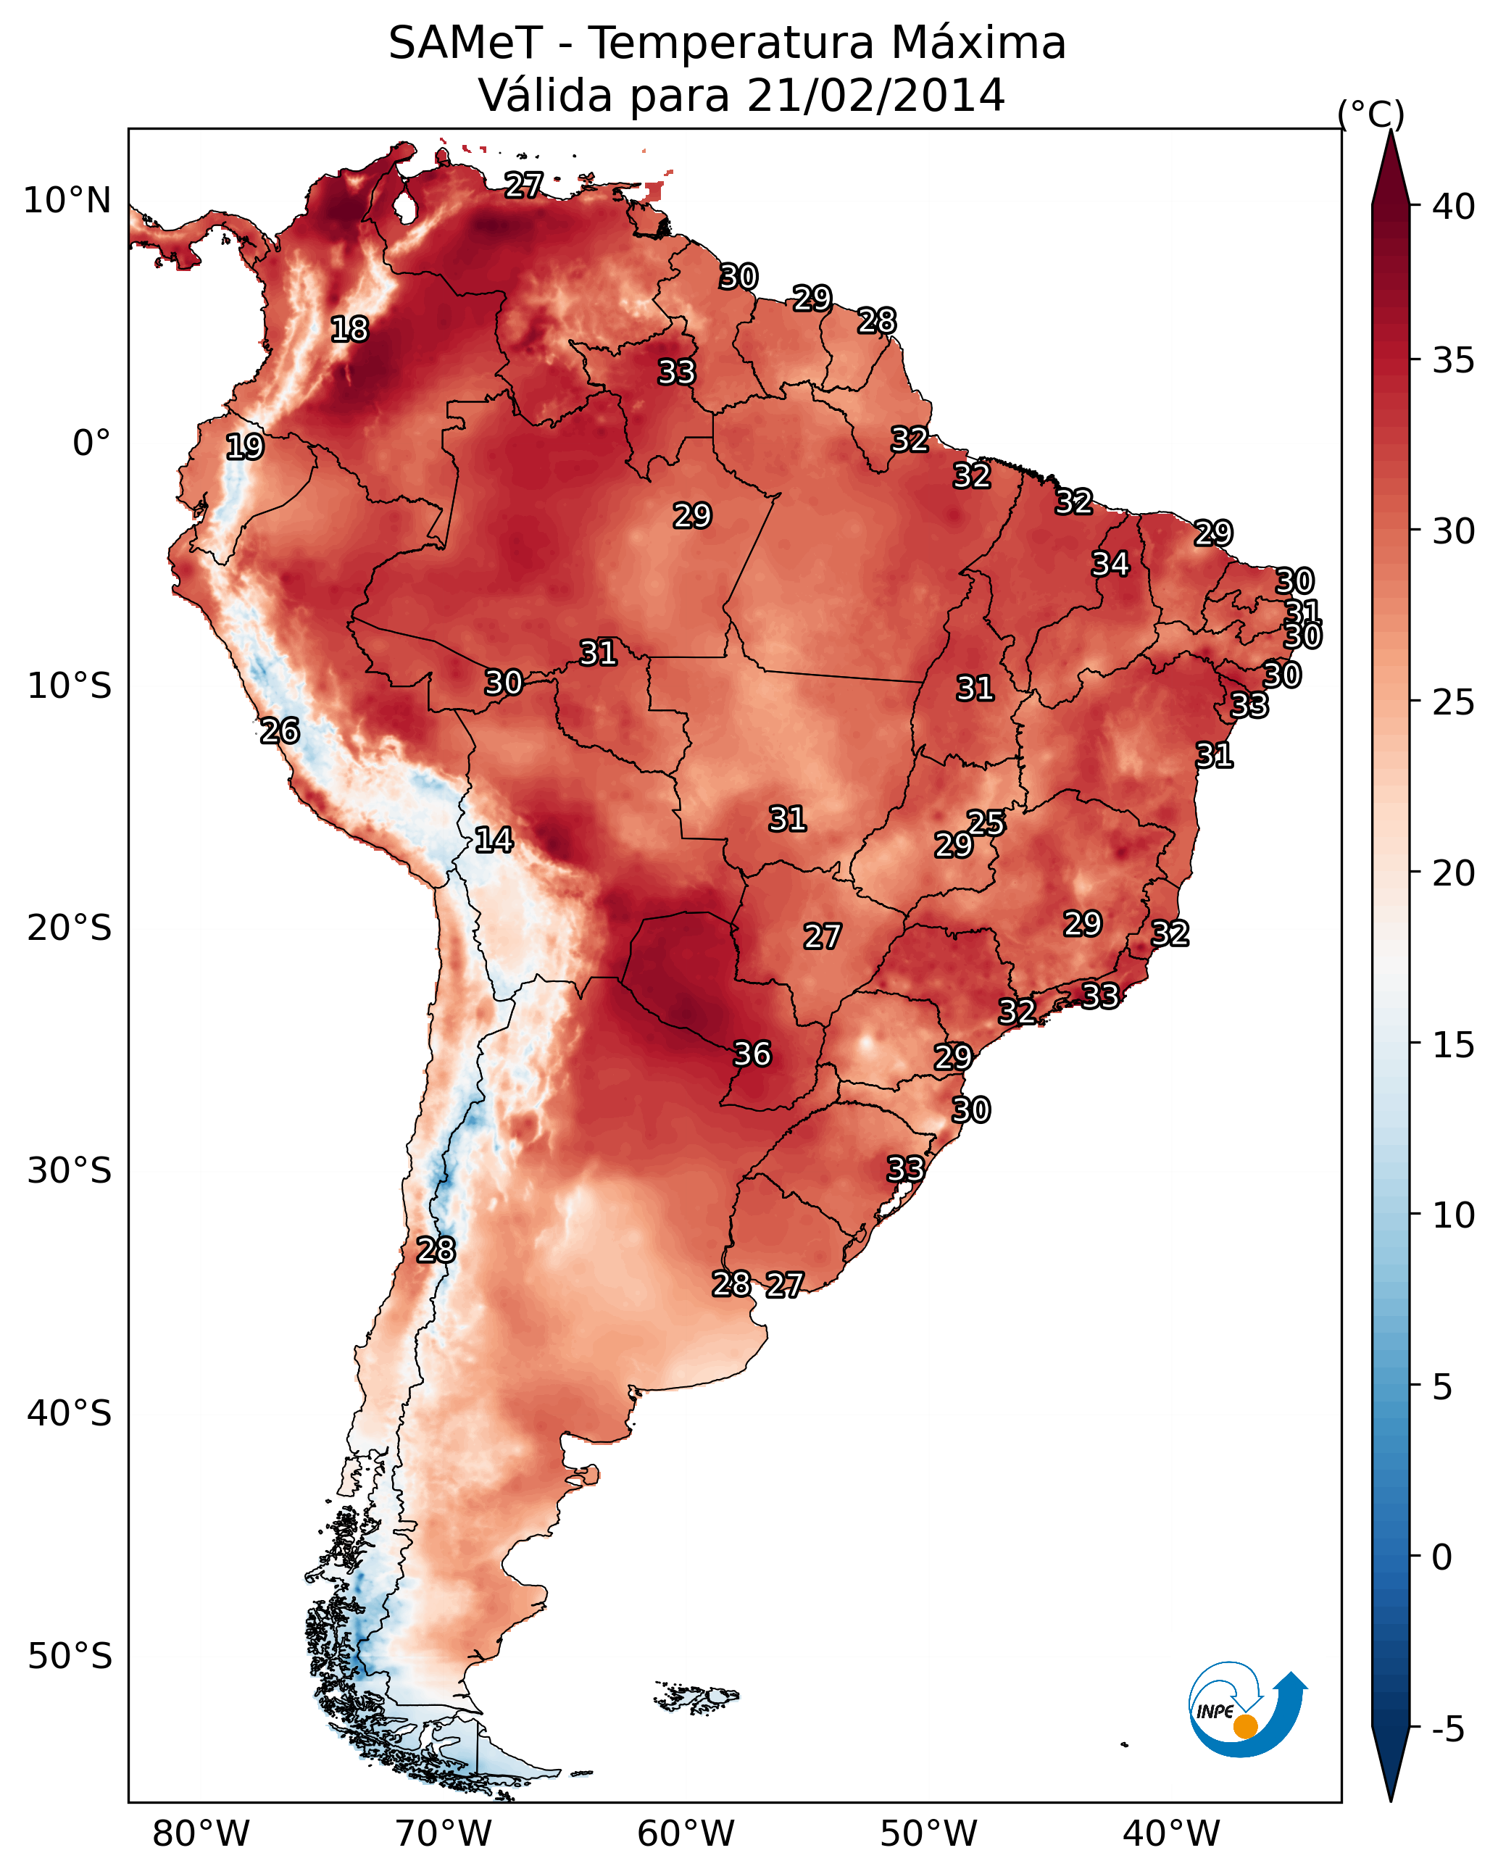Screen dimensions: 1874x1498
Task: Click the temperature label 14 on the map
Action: tap(493, 840)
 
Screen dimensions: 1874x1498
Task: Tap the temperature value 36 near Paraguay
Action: tap(752, 1054)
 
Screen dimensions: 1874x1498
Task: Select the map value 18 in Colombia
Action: tap(349, 330)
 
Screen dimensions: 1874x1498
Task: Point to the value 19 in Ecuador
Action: tap(244, 447)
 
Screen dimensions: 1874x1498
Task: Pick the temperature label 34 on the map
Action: tap(1110, 564)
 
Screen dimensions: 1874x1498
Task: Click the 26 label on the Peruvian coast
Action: tap(280, 731)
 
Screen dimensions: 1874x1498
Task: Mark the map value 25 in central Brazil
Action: tap(986, 823)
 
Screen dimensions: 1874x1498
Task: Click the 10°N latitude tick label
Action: tap(67, 201)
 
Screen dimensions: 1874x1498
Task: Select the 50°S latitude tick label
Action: tap(70, 1657)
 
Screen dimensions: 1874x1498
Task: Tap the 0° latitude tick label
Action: tap(91, 443)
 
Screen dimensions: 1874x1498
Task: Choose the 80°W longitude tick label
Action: tap(201, 1834)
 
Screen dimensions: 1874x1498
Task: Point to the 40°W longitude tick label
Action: tap(1171, 1834)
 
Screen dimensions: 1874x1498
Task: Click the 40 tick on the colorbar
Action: tap(1453, 207)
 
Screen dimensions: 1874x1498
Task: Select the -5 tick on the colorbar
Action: tap(1447, 1730)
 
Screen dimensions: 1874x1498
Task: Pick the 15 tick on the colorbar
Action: tap(1453, 1045)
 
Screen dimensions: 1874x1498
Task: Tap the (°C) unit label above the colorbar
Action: tap(1371, 114)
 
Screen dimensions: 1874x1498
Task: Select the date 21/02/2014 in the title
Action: tap(875, 96)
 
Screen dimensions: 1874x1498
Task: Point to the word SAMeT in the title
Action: tap(465, 43)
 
